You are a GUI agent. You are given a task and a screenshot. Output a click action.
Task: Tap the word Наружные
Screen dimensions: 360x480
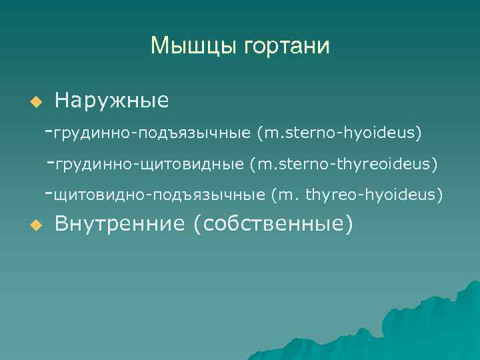coord(111,101)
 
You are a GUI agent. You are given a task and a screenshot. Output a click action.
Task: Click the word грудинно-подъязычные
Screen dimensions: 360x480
coord(153,133)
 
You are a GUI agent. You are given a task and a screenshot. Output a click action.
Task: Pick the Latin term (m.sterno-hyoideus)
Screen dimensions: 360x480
coord(339,133)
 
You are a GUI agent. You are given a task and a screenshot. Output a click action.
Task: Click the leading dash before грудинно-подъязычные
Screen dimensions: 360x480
coord(48,131)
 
